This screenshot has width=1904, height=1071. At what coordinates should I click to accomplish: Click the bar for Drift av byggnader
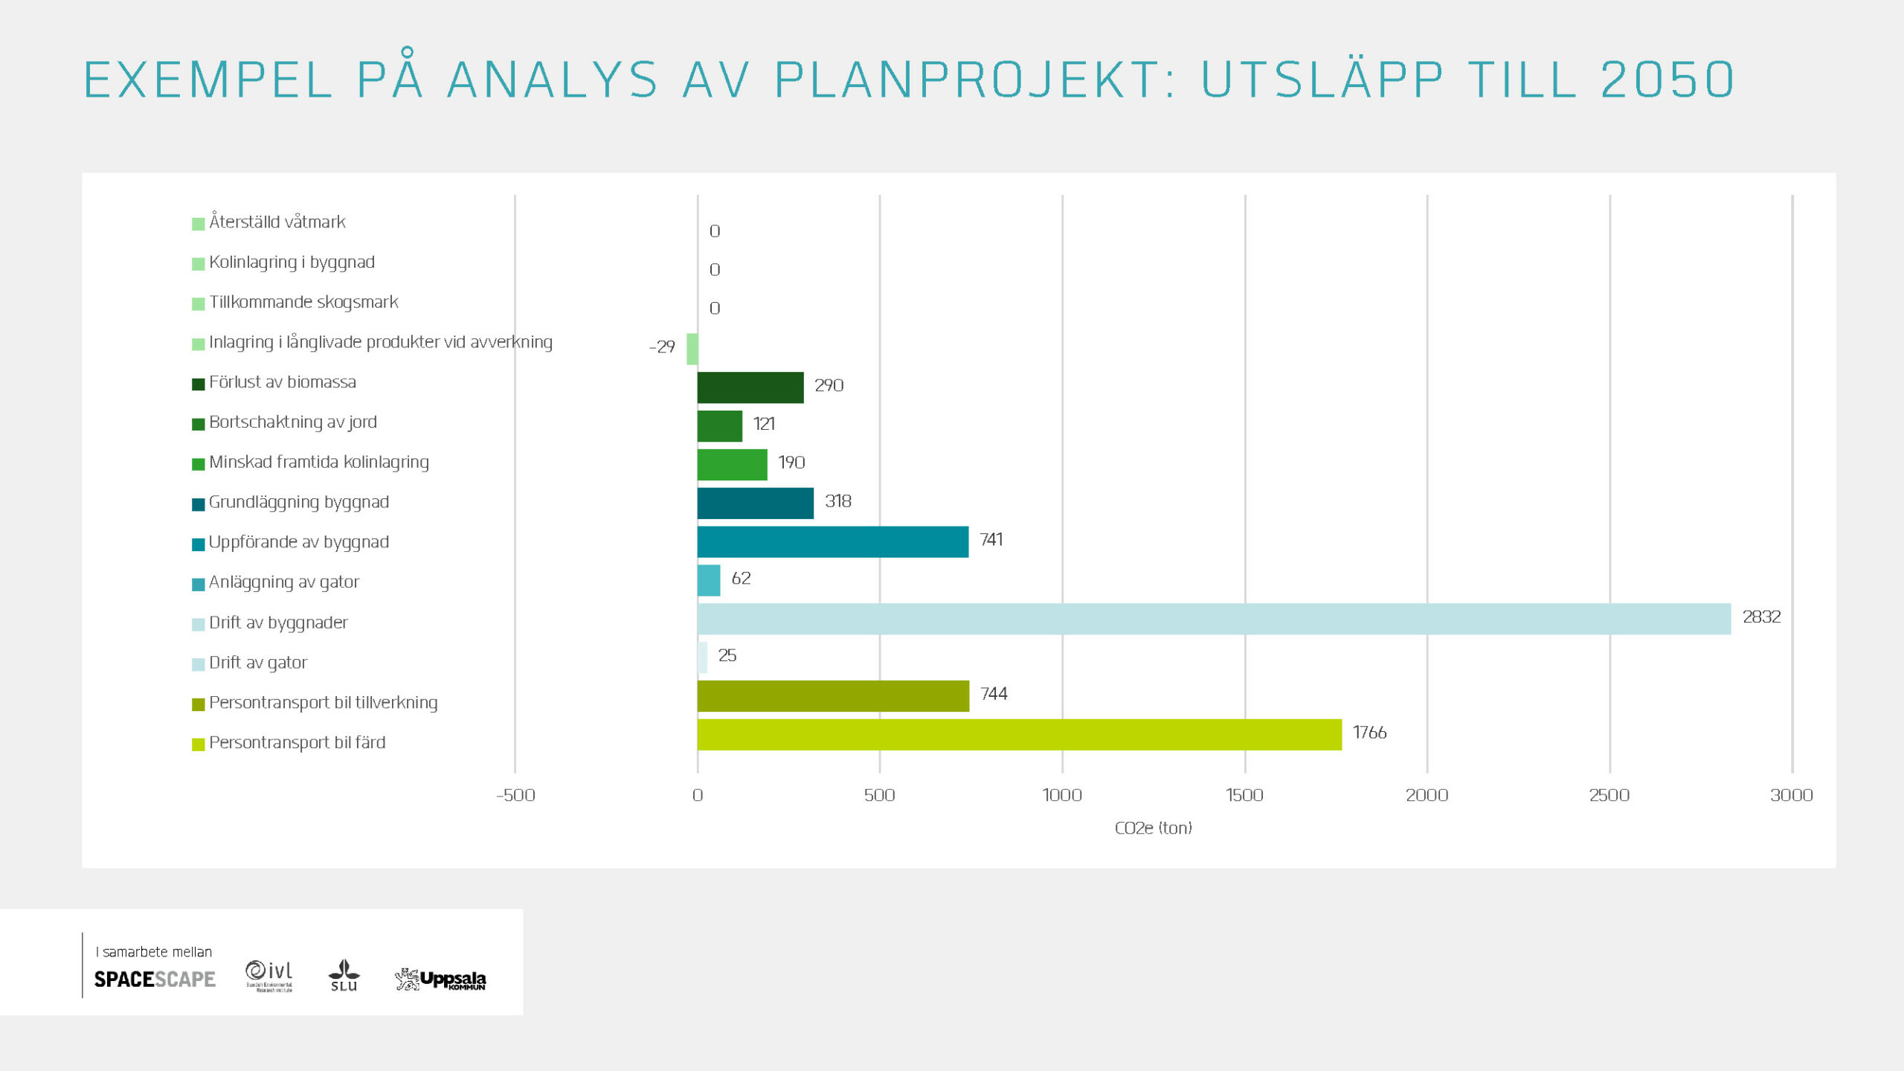tap(1214, 619)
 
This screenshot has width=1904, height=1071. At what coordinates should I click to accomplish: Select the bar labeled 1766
tap(1019, 735)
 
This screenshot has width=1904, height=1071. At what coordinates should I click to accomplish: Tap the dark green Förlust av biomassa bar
tap(750, 387)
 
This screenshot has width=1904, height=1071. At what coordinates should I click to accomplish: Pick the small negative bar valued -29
tap(692, 349)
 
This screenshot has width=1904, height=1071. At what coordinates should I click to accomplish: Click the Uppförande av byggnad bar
tap(832, 541)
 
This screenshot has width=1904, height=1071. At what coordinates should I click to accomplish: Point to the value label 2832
tap(1761, 617)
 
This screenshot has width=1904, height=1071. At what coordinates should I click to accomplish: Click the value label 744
tap(994, 694)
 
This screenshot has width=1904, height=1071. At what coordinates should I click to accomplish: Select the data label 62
tap(741, 578)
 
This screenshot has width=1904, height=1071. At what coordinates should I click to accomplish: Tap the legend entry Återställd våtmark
tap(277, 222)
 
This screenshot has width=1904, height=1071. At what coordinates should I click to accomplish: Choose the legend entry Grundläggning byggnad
tap(298, 502)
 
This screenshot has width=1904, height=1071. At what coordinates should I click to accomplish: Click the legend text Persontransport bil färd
tap(297, 742)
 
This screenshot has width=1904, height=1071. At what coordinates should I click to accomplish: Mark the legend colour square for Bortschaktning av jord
tap(198, 424)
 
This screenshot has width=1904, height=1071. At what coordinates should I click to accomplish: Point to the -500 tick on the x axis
tap(515, 795)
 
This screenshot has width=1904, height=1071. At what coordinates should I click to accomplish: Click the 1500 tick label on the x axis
tap(1244, 795)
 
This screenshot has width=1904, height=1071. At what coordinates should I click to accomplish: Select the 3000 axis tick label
tap(1791, 795)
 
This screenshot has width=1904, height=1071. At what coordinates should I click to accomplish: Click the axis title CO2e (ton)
tap(1153, 828)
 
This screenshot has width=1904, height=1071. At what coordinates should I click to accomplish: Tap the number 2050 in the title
tap(1667, 80)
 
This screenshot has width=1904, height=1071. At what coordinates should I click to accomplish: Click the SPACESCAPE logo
tap(155, 979)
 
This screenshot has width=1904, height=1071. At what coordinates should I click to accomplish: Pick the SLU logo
tap(344, 975)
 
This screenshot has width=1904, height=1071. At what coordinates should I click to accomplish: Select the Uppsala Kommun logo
tap(440, 979)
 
